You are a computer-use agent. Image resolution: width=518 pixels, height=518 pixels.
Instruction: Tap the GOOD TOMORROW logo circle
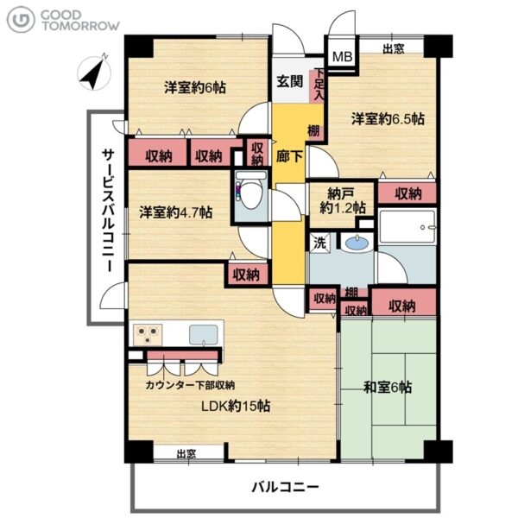[x=21, y=20]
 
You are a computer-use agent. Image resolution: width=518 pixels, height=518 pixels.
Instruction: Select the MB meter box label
[x=342, y=57]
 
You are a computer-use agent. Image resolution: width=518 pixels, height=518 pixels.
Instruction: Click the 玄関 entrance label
[x=290, y=82]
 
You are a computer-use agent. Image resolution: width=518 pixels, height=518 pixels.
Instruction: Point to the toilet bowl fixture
[x=250, y=192]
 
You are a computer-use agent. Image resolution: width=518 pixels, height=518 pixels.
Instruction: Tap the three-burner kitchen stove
[x=148, y=334]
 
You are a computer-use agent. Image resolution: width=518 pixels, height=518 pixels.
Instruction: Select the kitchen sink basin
[x=204, y=335]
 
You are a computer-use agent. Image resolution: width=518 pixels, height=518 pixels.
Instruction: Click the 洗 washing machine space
[x=319, y=243]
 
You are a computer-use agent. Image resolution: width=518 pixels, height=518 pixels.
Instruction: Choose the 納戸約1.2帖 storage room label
[x=343, y=201]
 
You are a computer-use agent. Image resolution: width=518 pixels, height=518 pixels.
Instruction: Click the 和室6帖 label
[x=388, y=387]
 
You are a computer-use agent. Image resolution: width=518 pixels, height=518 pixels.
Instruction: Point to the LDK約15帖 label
[x=236, y=406]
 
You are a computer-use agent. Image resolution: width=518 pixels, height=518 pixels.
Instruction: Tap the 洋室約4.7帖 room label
[x=176, y=212]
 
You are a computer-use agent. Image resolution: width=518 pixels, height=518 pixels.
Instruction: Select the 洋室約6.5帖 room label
[x=388, y=119]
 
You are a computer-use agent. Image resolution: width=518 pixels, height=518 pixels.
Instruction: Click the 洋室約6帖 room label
[x=195, y=88]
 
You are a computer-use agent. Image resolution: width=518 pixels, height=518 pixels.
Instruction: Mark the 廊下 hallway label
[x=289, y=156]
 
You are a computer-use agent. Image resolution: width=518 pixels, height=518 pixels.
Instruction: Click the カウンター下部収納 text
[x=190, y=385]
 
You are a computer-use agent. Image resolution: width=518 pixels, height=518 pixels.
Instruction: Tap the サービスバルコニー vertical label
[x=108, y=211]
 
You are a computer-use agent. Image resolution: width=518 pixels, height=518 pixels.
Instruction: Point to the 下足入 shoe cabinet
[x=317, y=85]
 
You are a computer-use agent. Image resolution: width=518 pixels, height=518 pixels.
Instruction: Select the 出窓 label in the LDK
[x=186, y=454]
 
